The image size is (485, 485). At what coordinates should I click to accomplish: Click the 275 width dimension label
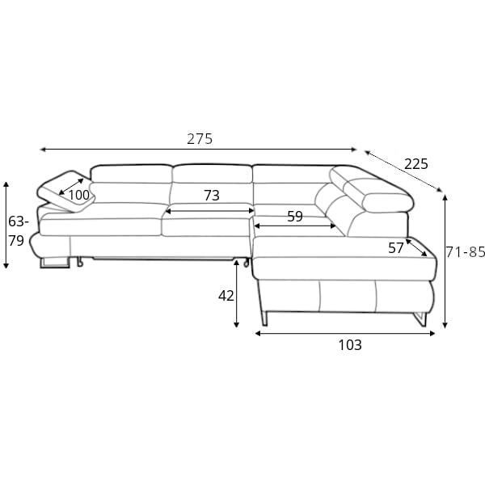click(x=200, y=139)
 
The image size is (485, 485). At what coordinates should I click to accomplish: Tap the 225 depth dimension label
click(x=416, y=164)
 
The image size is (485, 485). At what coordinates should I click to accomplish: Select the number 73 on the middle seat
click(x=212, y=196)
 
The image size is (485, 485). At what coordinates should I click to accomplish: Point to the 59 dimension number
click(x=295, y=217)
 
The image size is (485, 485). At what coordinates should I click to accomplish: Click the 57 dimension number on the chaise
click(x=396, y=248)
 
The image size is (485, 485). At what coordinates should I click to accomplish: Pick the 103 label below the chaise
click(x=350, y=345)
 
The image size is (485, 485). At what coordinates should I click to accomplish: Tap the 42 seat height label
click(x=226, y=296)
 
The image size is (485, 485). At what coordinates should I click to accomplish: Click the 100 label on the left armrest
click(x=78, y=195)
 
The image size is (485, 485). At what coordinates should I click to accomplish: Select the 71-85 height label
click(x=466, y=252)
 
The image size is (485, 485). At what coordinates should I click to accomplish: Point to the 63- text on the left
click(x=19, y=221)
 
